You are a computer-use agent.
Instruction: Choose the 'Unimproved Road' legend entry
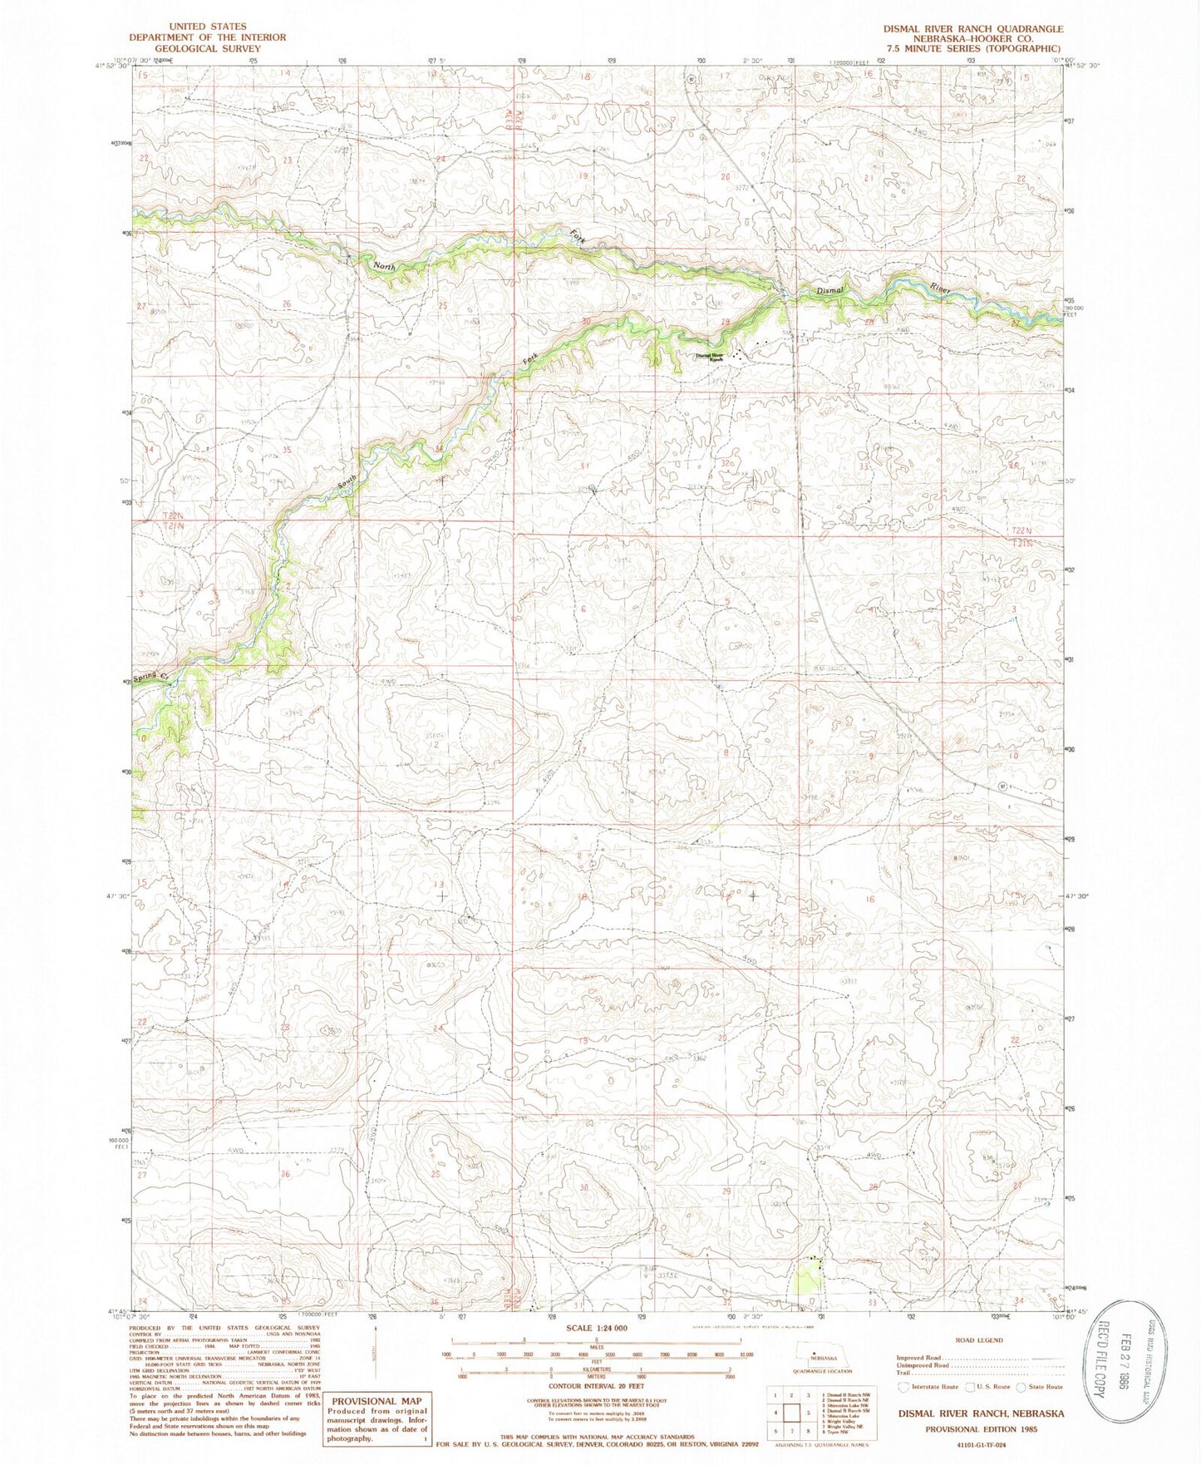[923, 1365]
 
